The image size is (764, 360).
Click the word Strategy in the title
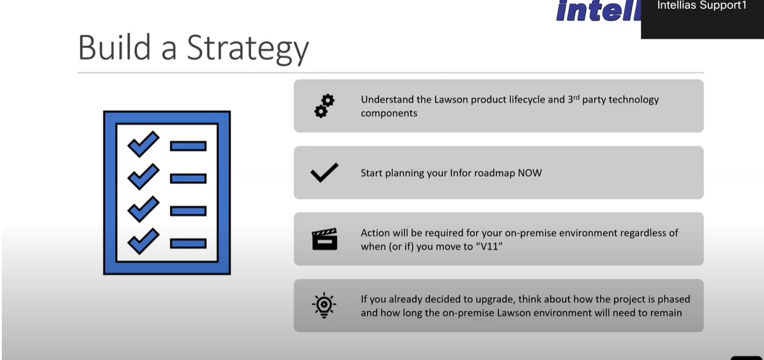(x=247, y=49)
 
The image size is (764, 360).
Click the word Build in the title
(x=114, y=47)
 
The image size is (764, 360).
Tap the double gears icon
(x=324, y=106)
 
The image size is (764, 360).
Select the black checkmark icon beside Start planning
(x=324, y=172)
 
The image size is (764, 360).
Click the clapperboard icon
(x=324, y=239)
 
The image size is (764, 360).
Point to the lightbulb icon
(x=324, y=305)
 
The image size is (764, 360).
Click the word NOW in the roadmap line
(x=530, y=173)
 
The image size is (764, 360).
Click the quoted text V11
(x=489, y=246)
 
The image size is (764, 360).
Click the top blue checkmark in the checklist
(x=143, y=144)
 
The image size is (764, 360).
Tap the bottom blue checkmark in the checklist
(x=143, y=241)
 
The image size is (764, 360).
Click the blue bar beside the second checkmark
(x=188, y=178)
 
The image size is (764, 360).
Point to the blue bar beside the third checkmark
(x=188, y=211)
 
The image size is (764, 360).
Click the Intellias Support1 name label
(x=702, y=5)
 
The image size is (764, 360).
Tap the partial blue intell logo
(x=599, y=11)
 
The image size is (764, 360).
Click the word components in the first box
(x=389, y=113)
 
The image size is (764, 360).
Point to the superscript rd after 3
(x=576, y=97)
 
